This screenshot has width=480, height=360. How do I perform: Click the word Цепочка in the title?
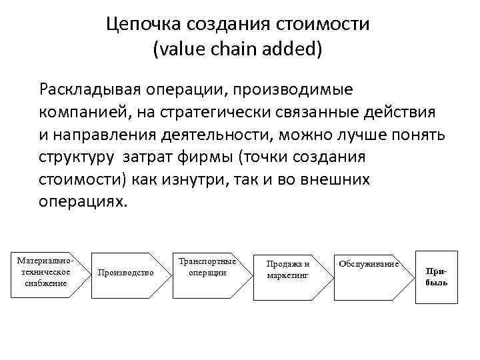[142, 25]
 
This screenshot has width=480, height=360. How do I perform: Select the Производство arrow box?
[127, 272]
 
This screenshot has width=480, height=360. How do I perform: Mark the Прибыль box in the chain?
[436, 277]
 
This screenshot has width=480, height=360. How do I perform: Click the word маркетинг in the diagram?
[288, 275]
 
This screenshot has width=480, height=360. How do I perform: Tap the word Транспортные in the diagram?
[207, 261]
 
